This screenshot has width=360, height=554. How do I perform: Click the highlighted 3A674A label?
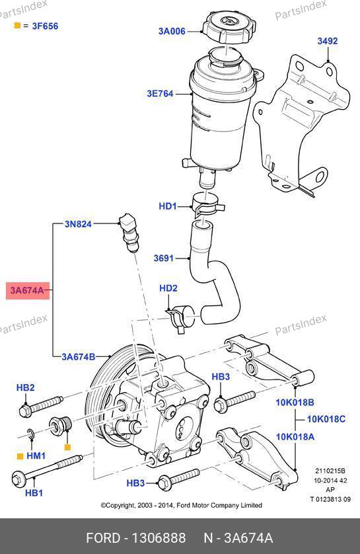coord(28,290)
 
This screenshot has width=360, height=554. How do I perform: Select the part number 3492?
coord(328,41)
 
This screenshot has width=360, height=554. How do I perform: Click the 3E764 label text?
coord(161,94)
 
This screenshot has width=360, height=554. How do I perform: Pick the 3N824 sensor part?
coord(128,232)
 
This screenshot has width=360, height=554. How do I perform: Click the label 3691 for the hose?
coord(164,258)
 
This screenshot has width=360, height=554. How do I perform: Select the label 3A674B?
coord(79,356)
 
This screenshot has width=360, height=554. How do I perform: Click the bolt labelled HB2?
coord(40,406)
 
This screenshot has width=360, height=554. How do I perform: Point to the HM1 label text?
coord(36,455)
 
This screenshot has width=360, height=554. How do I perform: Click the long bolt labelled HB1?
coord(47,470)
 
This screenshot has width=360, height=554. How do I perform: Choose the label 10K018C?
coord(326,419)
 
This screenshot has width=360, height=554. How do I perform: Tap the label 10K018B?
coord(295,403)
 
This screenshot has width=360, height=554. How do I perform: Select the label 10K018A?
coord(295,437)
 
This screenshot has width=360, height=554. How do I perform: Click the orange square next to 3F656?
coord(17,25)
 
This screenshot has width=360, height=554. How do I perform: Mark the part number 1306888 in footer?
coord(159,538)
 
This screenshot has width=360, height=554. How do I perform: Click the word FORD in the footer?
coord(103,538)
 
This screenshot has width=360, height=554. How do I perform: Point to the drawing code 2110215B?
coord(330,471)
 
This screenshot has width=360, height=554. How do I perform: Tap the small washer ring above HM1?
coord(30,434)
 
